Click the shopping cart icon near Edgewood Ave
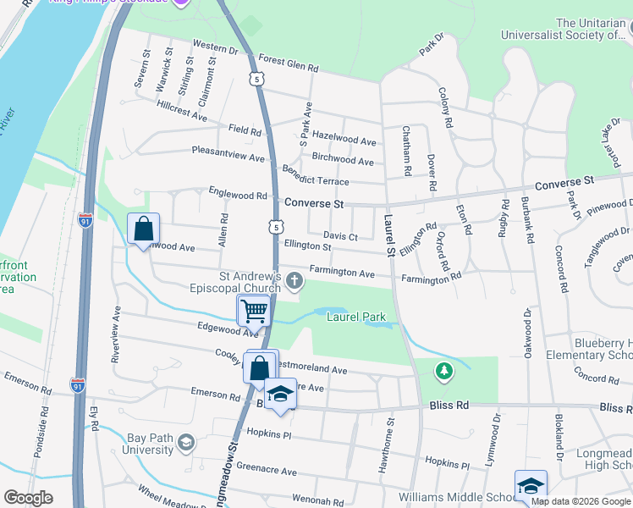254,311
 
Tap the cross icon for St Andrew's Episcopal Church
294,281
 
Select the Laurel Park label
356,317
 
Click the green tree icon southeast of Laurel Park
443,370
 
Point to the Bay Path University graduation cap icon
186,441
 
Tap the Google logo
28,498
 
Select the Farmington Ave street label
342,273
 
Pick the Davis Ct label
340,236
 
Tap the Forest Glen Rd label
289,66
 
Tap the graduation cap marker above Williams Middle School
531,485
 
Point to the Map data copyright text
581,501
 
